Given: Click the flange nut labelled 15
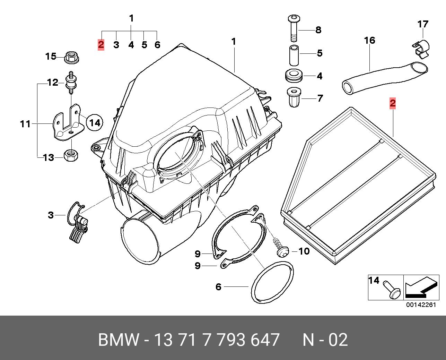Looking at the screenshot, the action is coord(72,57).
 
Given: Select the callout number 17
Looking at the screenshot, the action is coord(423,24).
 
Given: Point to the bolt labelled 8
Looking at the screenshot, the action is coord(294,28).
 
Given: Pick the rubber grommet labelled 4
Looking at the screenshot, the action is coord(294,76).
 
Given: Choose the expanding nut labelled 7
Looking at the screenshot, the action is coord(294,97).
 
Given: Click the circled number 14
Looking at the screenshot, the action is coord(95,123).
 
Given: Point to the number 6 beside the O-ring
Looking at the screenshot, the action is coord(218,287).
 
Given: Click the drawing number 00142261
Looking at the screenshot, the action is coord(421,305).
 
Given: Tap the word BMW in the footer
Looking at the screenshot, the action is coord(118,340).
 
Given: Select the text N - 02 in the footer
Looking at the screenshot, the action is coord(325,340).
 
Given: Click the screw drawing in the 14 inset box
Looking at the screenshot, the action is coord(392,289).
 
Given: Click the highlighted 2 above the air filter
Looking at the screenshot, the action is coord(393,103).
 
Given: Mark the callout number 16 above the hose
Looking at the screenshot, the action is coord(369,41).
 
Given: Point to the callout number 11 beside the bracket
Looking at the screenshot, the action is coord(25,124).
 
